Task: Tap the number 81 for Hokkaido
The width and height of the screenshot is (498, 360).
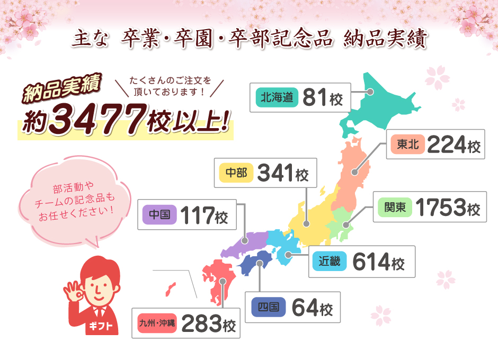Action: point(316,97)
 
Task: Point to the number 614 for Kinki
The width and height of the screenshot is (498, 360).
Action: point(371,262)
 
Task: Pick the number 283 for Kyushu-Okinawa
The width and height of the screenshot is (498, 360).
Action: point(202,323)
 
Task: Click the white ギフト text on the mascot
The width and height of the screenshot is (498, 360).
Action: point(99,325)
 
